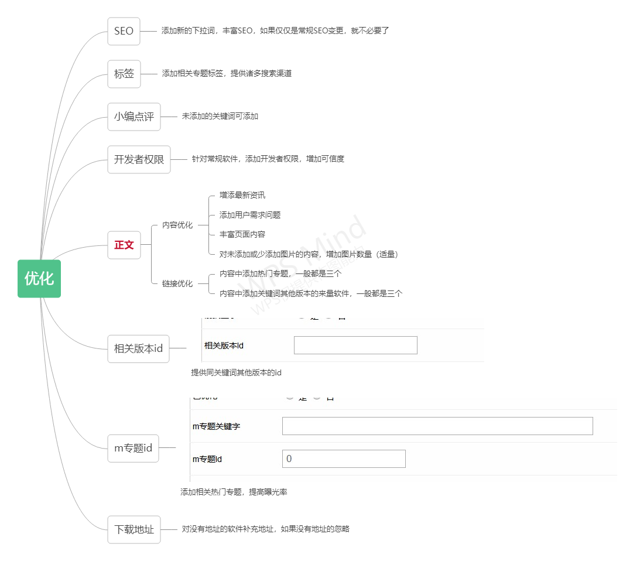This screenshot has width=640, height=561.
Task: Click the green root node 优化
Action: pos(39,279)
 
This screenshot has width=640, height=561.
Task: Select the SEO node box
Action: pos(124,31)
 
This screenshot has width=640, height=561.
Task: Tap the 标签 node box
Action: pos(124,74)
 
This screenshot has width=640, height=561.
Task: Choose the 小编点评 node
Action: pos(134,117)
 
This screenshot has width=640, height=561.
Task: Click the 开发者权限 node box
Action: pos(139,159)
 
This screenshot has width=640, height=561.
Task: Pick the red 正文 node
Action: pos(124,245)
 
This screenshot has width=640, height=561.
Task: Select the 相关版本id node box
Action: pos(138,348)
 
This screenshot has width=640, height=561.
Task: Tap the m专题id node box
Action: pos(133,448)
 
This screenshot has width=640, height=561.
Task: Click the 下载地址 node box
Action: pos(134,529)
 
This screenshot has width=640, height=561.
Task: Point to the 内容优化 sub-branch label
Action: pos(177,225)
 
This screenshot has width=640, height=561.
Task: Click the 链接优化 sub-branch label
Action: pos(177,283)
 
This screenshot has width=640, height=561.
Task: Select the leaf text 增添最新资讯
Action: pos(242,195)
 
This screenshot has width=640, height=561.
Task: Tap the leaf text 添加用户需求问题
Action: pos(249,215)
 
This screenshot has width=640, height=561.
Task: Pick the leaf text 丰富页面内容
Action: pos(242,234)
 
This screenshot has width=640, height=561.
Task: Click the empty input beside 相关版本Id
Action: pos(355,346)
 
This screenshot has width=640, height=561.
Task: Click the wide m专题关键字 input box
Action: pos(437,426)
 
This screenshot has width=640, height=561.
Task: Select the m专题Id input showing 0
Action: pos(344,459)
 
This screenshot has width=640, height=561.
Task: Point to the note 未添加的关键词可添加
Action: pos(220,117)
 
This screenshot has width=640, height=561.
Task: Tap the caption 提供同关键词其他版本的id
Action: pos(236,372)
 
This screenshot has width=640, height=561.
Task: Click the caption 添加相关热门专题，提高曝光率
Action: pos(234,492)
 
